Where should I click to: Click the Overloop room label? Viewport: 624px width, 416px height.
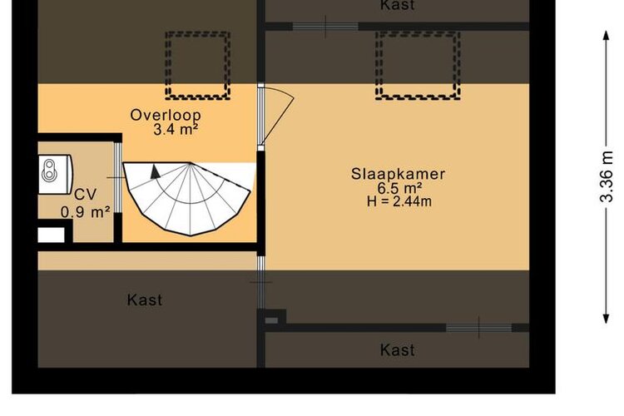[166, 115]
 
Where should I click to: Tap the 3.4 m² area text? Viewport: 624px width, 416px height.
[176, 130]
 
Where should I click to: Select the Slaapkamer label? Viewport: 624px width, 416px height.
[398, 174]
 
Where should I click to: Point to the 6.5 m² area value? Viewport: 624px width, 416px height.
[399, 188]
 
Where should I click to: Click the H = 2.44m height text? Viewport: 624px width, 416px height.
[399, 201]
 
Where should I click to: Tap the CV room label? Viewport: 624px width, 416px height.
[85, 195]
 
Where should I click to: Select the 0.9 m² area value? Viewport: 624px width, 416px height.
[85, 212]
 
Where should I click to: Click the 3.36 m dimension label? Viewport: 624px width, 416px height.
[607, 176]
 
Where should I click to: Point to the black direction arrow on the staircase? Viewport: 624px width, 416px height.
[156, 171]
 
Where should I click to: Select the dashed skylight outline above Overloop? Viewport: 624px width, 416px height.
[198, 65]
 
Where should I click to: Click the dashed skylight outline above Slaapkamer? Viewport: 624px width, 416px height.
[418, 65]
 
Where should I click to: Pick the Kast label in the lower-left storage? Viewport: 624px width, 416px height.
[145, 300]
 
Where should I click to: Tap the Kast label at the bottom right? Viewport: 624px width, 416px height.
[397, 350]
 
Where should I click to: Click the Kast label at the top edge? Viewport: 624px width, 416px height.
[397, 6]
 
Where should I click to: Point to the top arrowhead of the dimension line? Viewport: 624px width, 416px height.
[606, 35]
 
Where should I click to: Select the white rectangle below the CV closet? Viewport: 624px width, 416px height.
[51, 235]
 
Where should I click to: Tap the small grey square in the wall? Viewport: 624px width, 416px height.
[271, 320]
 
